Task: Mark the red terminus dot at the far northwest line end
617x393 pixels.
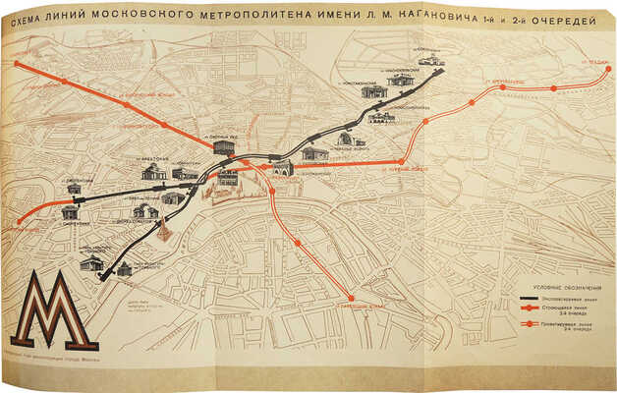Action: coord(17,64)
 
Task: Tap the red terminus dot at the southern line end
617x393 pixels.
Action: coord(352,298)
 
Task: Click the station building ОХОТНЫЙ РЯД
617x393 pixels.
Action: coord(224,146)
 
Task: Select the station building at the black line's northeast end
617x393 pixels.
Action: coord(429,62)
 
